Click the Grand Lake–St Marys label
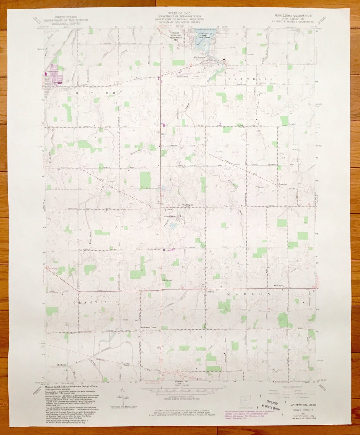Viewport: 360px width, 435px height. [203, 30]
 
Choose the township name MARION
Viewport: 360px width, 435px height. [248, 294]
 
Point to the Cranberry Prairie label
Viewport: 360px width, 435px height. [149, 328]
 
